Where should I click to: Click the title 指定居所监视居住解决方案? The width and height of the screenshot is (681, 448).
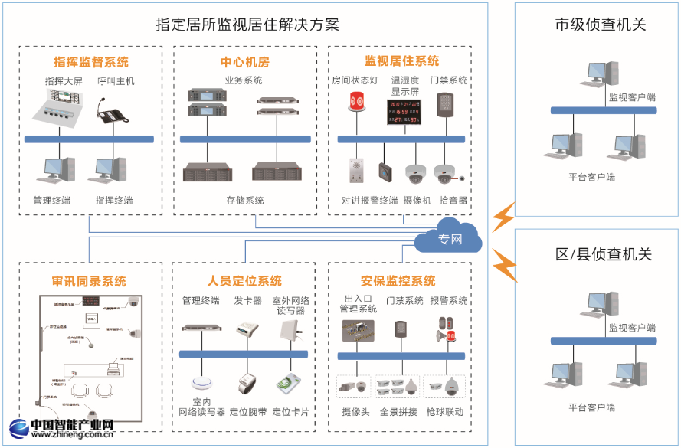click(247, 25)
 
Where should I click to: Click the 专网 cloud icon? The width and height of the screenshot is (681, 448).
click(449, 240)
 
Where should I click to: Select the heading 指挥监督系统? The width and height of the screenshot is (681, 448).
click(91, 62)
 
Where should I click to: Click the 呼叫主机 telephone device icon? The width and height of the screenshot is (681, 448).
click(114, 111)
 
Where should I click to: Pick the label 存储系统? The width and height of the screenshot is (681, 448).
click(245, 201)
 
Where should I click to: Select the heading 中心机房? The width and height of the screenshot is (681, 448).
click(245, 62)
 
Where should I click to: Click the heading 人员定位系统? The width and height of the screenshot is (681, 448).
click(244, 281)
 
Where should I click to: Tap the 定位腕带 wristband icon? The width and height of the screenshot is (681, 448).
click(248, 382)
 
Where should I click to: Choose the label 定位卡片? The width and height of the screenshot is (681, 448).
click(290, 412)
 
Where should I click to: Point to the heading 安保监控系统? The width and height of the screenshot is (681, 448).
click(398, 281)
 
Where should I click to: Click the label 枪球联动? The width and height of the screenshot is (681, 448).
click(445, 412)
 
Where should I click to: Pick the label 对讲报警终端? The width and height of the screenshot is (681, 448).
click(370, 201)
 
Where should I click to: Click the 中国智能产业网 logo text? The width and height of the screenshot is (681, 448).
click(72, 426)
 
